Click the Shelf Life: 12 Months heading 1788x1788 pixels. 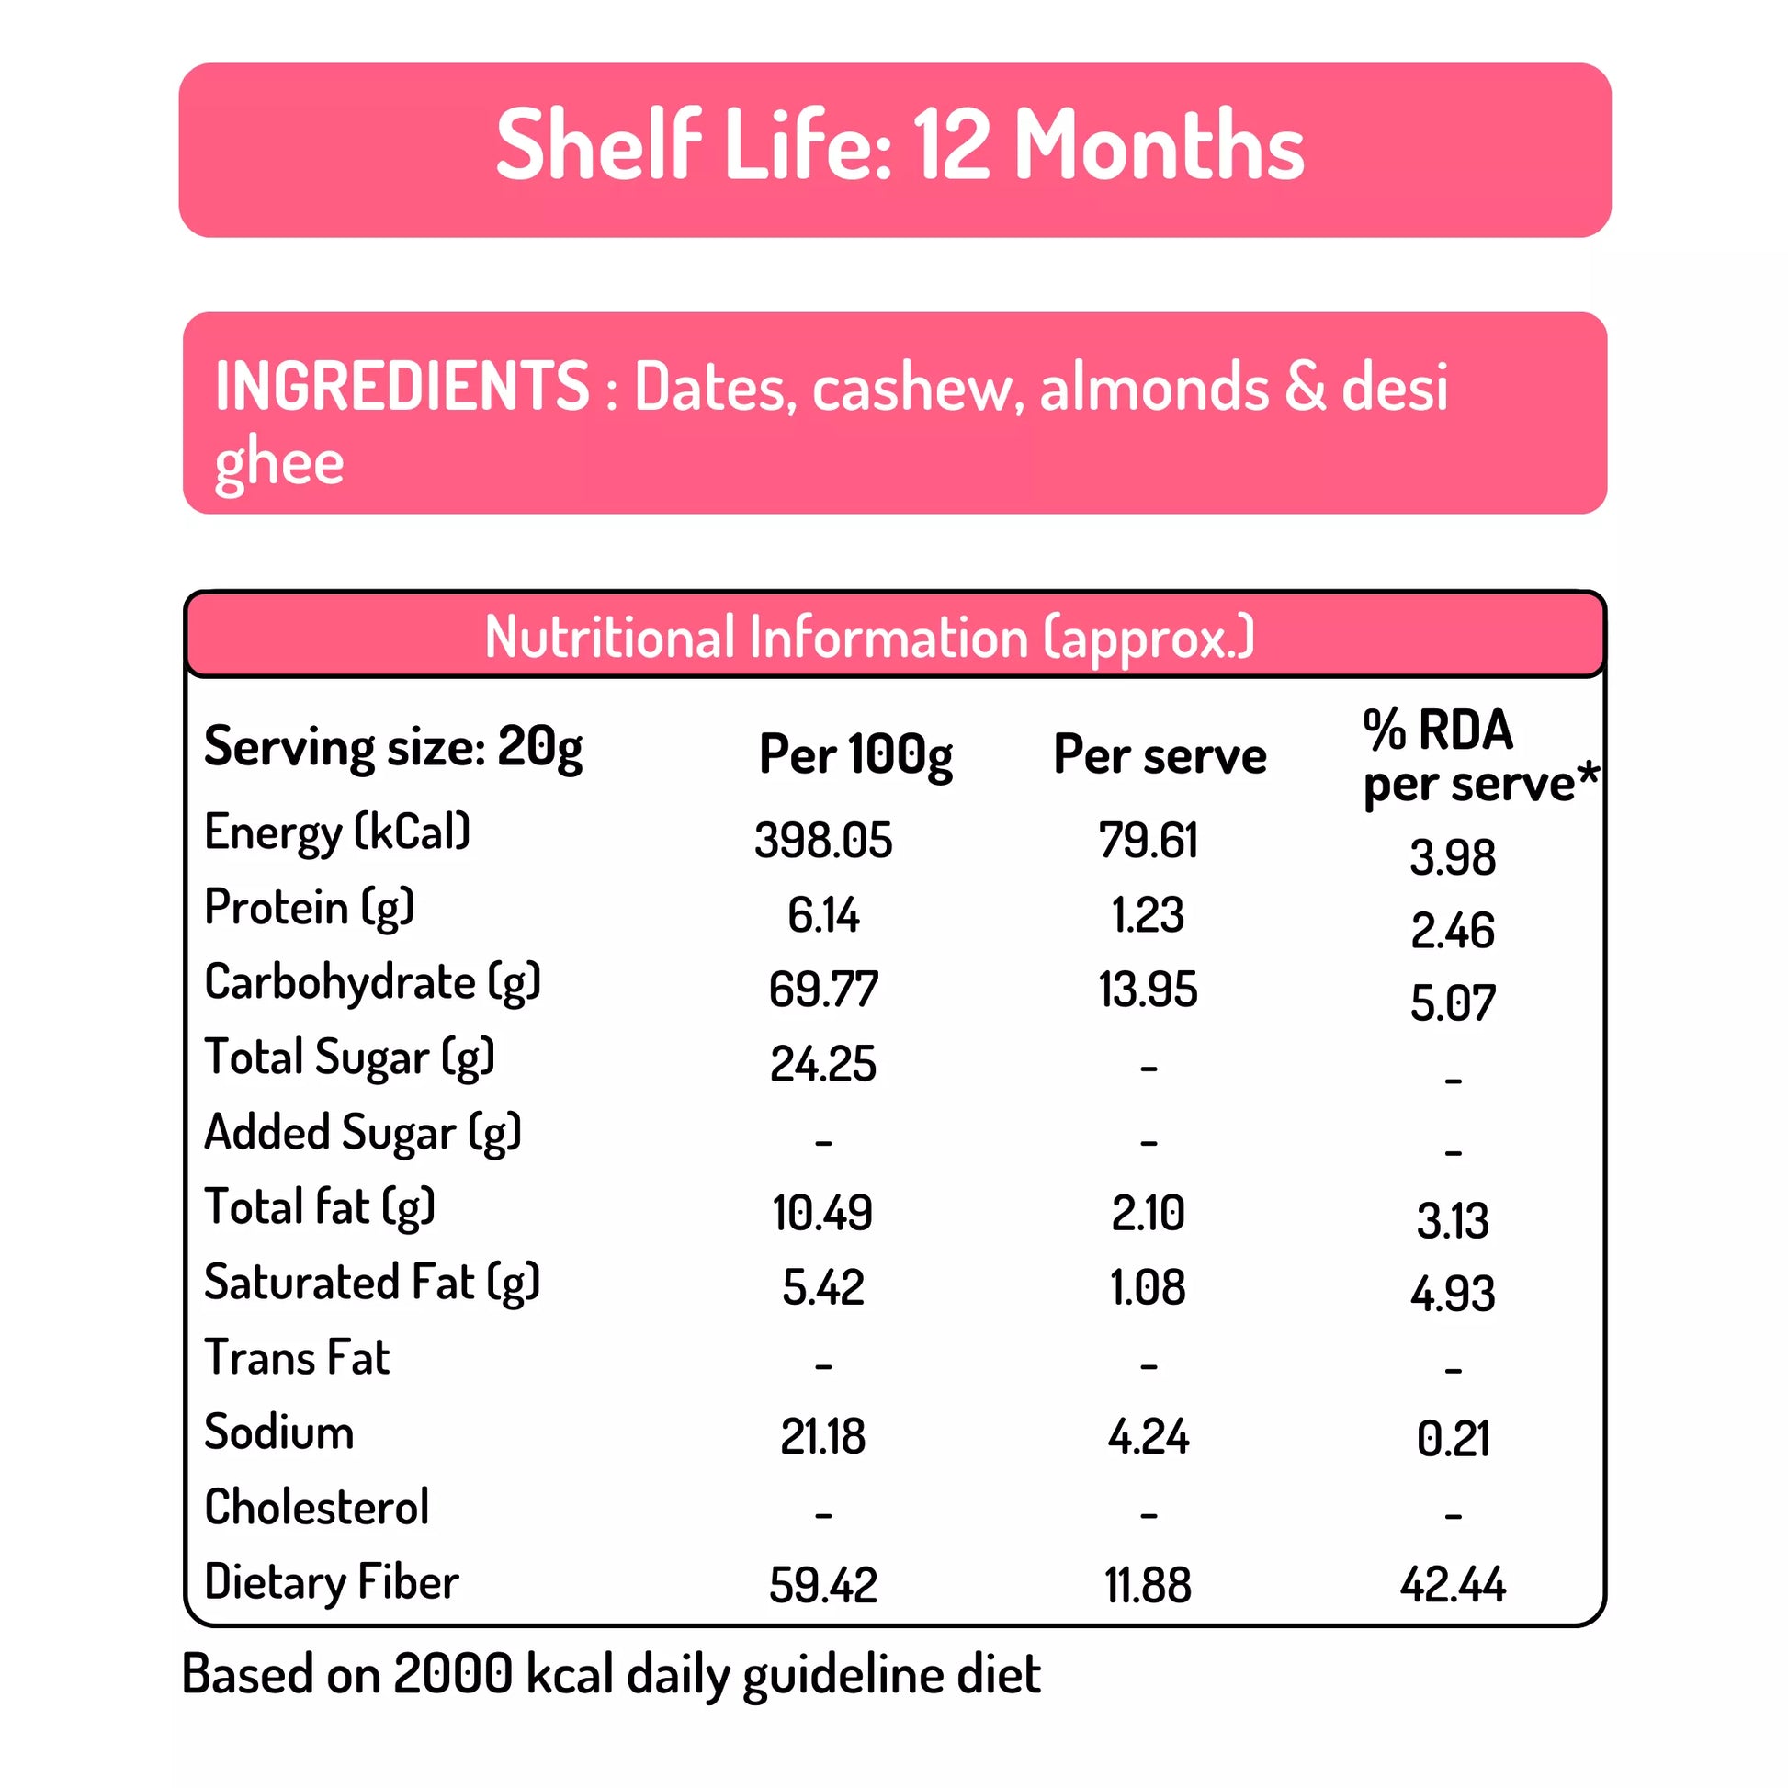(x=899, y=145)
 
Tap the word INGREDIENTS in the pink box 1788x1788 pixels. (x=402, y=386)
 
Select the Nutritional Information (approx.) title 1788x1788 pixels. (x=869, y=638)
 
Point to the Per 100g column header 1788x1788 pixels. (x=855, y=754)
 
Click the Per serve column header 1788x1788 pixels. (x=1159, y=755)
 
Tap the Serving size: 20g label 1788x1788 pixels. (x=393, y=748)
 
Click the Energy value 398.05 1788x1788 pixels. (x=822, y=841)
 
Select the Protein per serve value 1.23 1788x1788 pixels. (x=1148, y=915)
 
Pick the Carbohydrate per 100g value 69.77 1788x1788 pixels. (x=822, y=990)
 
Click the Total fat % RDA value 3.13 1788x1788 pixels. (x=1452, y=1221)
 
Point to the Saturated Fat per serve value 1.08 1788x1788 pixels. (x=1148, y=1287)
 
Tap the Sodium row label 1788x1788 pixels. (x=278, y=1432)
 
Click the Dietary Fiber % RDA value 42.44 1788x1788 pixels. (x=1452, y=1584)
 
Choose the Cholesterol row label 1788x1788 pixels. (x=316, y=1508)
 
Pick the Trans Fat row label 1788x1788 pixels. (x=297, y=1358)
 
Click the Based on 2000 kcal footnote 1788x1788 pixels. (x=611, y=1674)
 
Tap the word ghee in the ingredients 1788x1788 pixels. (x=279, y=463)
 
